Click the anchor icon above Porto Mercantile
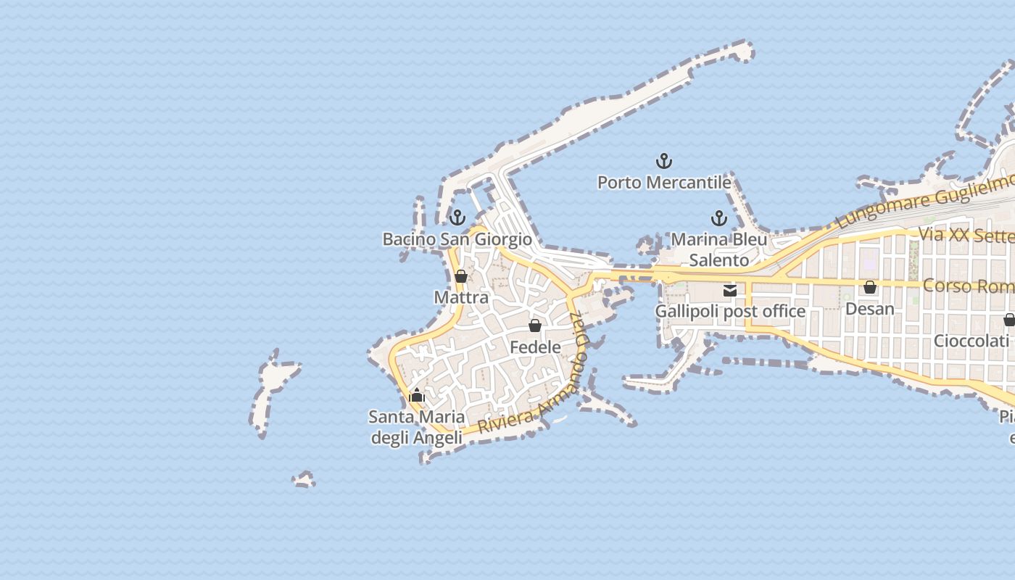[664, 161]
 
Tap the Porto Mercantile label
[664, 182]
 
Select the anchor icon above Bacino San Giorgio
[457, 217]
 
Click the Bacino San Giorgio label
[457, 239]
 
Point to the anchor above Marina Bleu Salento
[718, 217]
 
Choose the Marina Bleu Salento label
[719, 249]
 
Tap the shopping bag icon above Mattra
[461, 276]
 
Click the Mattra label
[461, 297]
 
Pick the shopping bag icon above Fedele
[535, 326]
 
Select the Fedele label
[535, 347]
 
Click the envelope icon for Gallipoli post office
[730, 290]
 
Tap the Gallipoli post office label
[730, 311]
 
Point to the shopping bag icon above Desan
[870, 287]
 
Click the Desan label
[870, 308]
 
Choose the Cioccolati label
[971, 340]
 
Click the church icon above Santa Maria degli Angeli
[417, 395]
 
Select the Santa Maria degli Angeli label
[417, 427]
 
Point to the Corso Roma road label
[968, 286]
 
